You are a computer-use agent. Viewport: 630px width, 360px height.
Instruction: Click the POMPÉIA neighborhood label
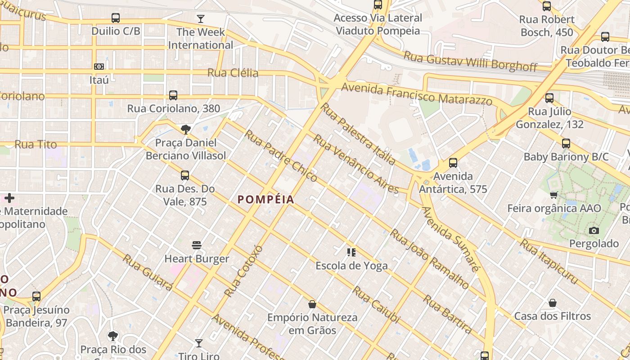pos(265,199)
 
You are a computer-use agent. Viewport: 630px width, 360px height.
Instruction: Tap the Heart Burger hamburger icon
pos(197,245)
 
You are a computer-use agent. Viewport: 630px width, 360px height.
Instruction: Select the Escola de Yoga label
pos(351,265)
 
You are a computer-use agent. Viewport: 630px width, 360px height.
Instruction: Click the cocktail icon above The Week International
pos(201,19)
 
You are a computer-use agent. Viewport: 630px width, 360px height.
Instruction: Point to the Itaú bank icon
pos(99,67)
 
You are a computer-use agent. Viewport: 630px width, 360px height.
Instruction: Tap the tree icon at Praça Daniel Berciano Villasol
pos(185,130)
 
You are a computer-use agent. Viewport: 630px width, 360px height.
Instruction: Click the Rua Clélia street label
pos(233,73)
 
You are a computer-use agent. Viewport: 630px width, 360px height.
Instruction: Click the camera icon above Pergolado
pos(594,230)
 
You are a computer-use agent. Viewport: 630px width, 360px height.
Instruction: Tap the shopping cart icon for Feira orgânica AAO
pos(553,195)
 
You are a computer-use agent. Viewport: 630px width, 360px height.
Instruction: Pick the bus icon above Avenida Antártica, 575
pos(453,163)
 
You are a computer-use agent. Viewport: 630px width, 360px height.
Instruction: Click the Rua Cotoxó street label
pos(243,271)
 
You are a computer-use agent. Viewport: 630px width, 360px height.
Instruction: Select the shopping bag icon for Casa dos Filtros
pos(553,303)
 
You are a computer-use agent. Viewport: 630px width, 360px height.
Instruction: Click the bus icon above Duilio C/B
pos(116,18)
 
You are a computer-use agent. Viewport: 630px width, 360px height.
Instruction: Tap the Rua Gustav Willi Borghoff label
pos(470,61)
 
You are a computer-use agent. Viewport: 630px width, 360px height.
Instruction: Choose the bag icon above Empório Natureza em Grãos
pos(312,305)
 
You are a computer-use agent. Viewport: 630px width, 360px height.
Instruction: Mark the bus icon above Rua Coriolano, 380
pos(173,95)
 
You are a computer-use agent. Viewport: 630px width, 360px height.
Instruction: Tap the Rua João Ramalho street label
pos(429,259)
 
